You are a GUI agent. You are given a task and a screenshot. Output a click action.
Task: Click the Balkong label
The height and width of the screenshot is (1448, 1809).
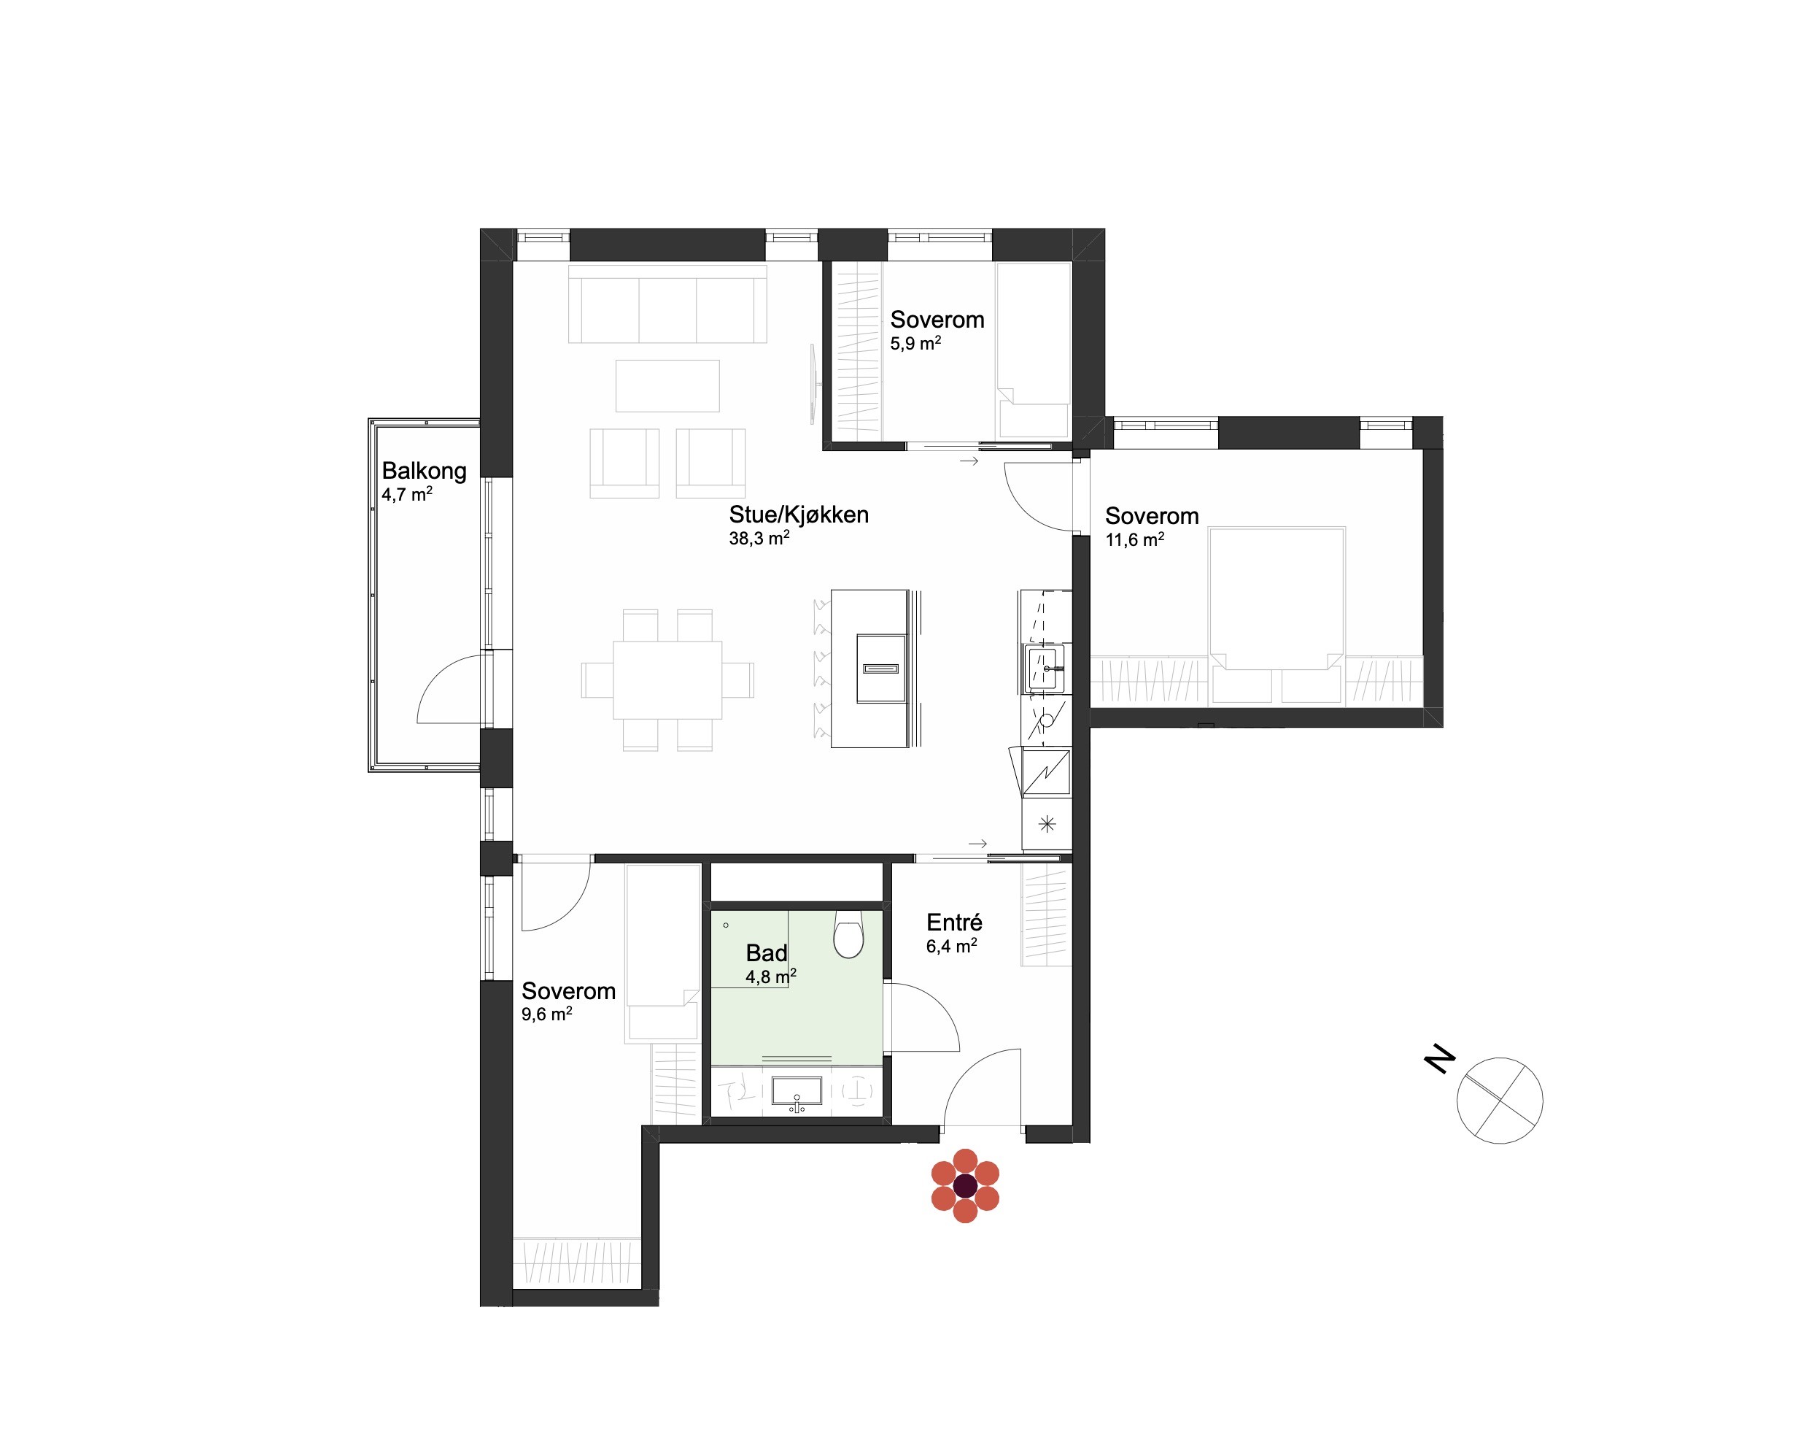[x=424, y=471]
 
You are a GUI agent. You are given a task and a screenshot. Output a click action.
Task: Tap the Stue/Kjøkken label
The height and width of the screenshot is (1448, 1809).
[x=798, y=515]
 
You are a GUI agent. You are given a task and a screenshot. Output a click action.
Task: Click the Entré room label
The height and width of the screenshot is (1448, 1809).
[x=954, y=923]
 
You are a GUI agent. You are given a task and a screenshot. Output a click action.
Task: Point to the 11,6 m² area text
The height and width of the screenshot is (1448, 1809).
[x=1134, y=540]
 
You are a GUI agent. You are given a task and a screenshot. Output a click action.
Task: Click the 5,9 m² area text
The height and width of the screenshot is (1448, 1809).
[x=915, y=343]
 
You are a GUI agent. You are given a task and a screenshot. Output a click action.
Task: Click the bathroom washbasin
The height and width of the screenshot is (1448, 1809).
[x=797, y=1091]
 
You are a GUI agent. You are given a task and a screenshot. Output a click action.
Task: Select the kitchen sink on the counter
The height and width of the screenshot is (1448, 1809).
[x=1045, y=669]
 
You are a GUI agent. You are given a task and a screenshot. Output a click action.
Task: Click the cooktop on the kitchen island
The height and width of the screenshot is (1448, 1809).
[x=881, y=669]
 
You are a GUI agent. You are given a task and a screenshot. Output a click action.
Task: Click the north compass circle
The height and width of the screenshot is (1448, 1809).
[x=1500, y=1100]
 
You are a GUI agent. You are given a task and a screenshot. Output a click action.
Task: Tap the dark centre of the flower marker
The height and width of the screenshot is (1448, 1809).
[x=966, y=1185]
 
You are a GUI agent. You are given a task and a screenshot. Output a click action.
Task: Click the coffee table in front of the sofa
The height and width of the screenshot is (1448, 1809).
[x=667, y=386]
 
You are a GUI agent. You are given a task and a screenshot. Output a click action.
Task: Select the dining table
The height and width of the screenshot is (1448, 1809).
[x=667, y=680]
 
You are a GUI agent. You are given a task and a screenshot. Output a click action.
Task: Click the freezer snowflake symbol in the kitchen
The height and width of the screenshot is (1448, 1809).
[x=1046, y=823]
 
